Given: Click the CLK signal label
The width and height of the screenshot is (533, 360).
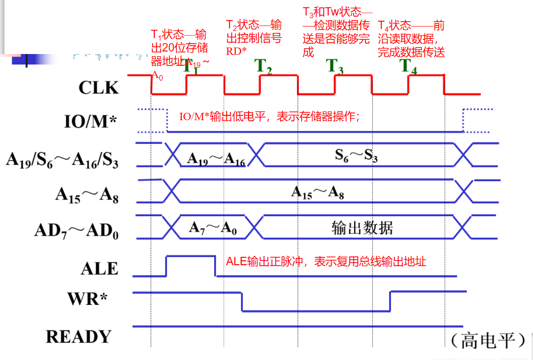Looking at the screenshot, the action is (98, 87).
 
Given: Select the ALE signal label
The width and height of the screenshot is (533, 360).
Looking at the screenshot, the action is (99, 268).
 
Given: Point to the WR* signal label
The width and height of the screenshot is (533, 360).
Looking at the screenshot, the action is (87, 299).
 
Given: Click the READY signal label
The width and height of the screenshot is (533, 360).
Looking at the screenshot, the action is (79, 337).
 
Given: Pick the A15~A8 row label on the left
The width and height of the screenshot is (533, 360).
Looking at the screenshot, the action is (86, 195).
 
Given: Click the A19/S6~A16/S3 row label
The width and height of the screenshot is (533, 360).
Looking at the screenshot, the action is (62, 160).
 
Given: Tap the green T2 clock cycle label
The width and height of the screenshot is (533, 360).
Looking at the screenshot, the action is (264, 67).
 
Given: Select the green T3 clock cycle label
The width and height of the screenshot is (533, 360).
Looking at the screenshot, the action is (336, 67).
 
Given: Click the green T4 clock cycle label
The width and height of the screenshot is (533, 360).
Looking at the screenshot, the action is (409, 67).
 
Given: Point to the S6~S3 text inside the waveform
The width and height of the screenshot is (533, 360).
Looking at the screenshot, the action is (356, 156).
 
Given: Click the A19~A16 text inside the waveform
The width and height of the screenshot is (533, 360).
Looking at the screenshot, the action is (216, 159).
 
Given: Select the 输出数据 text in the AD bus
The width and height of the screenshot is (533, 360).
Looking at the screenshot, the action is (362, 228).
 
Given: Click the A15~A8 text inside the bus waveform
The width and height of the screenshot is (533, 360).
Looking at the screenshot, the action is (317, 192).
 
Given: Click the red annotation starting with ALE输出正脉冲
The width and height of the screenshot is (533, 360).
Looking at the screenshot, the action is (326, 262).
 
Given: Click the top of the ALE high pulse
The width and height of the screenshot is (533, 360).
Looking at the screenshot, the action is (191, 256).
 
